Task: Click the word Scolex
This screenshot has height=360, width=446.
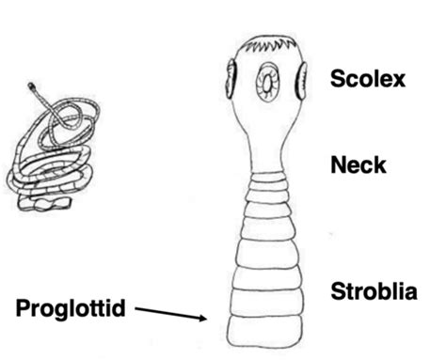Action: tap(368, 79)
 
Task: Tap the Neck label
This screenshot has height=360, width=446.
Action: tap(358, 164)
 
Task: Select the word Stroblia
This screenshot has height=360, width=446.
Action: tap(374, 291)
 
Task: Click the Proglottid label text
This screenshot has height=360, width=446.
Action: tap(71, 309)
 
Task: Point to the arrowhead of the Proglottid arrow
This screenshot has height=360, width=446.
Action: tap(203, 319)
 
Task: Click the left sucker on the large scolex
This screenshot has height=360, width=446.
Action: tap(231, 79)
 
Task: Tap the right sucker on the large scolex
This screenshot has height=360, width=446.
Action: tap(301, 81)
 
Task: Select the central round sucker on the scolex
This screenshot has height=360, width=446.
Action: tap(267, 82)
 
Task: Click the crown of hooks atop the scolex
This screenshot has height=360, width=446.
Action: tap(270, 45)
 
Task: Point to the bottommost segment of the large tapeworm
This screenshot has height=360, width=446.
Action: tap(265, 330)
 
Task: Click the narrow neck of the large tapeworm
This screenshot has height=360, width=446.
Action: tap(266, 150)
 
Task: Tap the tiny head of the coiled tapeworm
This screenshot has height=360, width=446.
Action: tap(31, 86)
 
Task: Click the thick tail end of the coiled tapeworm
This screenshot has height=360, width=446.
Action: tap(44, 204)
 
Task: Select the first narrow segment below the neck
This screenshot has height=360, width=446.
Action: tap(267, 176)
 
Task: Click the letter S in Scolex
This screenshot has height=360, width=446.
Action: tap(337, 79)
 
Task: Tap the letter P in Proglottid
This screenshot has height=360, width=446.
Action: tap(23, 308)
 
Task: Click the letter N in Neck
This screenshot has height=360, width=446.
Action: tap(338, 164)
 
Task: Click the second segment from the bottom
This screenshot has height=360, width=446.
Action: tap(266, 302)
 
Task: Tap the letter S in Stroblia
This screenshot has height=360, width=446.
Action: tap(338, 291)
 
